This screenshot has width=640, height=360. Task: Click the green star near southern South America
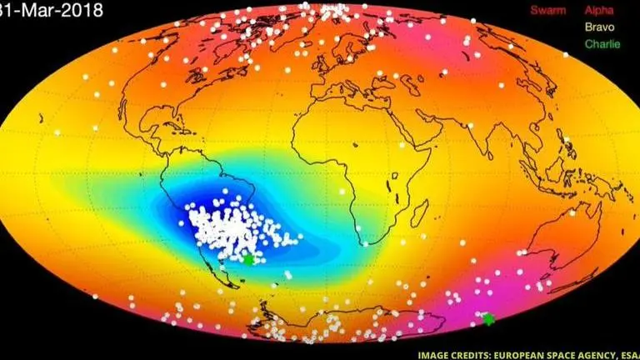pos(248,259)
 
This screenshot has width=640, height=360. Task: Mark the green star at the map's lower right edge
pos(488,318)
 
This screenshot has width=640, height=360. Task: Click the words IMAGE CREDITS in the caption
pos(432,352)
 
